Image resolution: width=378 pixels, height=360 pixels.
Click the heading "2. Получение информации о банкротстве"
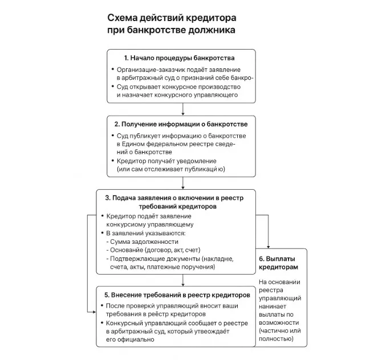(x=181, y=124)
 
